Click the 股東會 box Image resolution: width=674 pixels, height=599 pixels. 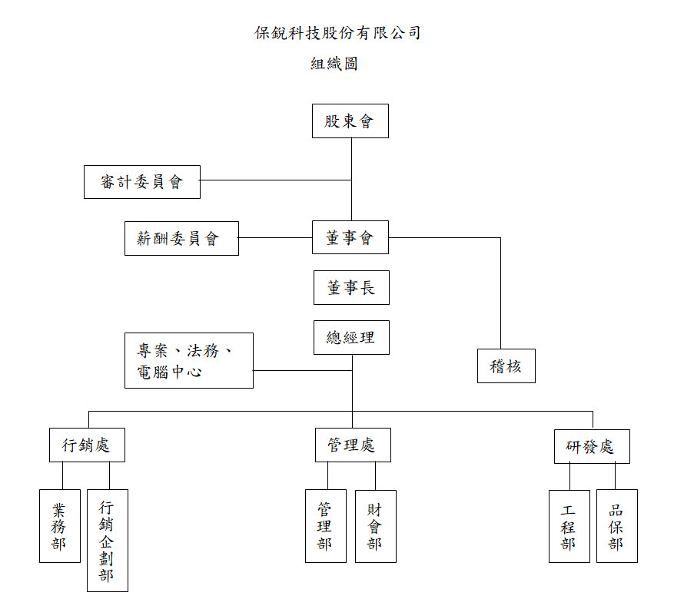click(x=350, y=121)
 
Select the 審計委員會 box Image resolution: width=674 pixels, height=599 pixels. click(x=142, y=182)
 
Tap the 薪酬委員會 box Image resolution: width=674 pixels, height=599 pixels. click(x=181, y=238)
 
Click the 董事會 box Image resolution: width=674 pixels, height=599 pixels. click(x=350, y=237)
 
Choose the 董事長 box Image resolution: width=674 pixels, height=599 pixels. click(x=352, y=288)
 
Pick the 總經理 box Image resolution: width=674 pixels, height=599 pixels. click(x=352, y=337)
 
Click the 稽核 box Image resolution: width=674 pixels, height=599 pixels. click(x=506, y=366)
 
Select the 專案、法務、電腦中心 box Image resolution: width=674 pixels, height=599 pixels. click(x=189, y=361)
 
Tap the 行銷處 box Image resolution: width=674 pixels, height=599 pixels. click(x=88, y=445)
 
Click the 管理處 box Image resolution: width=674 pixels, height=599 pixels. click(x=353, y=445)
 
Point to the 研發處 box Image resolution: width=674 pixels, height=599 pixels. click(x=592, y=447)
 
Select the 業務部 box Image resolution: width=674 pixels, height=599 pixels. click(x=60, y=526)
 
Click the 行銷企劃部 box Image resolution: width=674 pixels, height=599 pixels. click(x=108, y=541)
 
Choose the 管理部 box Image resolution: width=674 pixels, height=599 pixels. click(x=326, y=526)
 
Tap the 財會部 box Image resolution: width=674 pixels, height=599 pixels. click(x=376, y=527)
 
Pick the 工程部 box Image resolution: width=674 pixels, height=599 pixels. click(x=569, y=527)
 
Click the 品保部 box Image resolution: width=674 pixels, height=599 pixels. click(x=617, y=526)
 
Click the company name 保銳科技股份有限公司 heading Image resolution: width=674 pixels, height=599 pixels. click(x=337, y=32)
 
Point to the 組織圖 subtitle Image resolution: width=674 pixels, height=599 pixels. click(x=334, y=64)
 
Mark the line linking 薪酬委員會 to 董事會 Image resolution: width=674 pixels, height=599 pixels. click(x=276, y=237)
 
